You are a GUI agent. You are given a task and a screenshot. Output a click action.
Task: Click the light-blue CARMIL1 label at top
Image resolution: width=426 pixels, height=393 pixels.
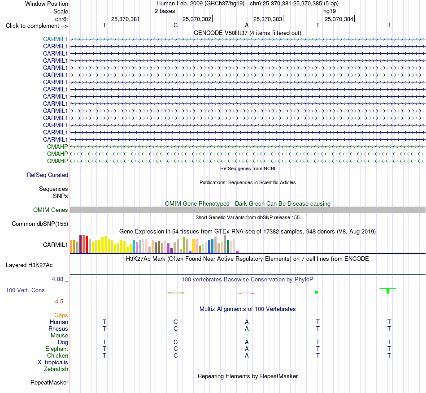pos(55,39)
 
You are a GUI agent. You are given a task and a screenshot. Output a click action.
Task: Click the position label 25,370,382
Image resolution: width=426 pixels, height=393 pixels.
pos(197,19)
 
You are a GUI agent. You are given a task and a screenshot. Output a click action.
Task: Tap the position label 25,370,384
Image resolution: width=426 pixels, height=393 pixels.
pos(339,19)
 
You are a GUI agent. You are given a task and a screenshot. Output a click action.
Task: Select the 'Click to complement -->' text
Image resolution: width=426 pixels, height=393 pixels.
pos(37,26)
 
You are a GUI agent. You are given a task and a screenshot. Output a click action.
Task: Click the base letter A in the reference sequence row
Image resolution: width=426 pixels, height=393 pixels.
pos(247,25)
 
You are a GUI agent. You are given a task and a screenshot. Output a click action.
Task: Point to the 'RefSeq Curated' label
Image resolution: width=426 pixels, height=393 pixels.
pos(47,175)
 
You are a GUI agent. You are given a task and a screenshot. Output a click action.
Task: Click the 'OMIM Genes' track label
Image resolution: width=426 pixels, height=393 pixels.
pos(50,210)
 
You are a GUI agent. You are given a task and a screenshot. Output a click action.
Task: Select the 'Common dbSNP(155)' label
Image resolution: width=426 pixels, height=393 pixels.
pos(39,224)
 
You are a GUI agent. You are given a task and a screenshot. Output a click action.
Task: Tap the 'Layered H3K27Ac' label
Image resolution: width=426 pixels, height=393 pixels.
pos(29,265)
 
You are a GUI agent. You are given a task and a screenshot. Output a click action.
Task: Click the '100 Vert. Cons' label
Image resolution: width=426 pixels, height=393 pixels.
pos(25,290)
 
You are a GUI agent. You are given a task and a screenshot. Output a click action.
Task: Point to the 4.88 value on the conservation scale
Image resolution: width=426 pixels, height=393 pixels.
pos(57,279)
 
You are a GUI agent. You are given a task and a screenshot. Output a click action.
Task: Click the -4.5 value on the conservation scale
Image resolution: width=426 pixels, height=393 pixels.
pos(58,302)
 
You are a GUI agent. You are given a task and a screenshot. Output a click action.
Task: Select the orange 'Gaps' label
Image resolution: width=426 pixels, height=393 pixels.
pos(61,315)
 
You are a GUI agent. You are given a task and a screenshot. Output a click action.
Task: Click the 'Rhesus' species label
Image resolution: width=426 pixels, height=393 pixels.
pos(58,328)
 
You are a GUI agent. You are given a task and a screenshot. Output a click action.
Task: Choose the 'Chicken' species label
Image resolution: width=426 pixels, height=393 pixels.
pos(57,355)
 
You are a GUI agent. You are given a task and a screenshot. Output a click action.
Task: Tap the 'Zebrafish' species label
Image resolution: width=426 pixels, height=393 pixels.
pos(56,369)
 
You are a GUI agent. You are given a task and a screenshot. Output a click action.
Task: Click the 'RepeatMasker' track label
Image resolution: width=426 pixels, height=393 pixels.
pos(49,382)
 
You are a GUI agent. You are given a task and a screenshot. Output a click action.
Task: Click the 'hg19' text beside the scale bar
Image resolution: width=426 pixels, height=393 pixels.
pos(330,11)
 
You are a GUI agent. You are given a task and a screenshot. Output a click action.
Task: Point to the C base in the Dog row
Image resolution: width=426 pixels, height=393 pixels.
pos(175,342)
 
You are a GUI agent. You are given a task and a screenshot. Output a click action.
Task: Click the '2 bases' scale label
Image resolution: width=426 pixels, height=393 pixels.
pos(165,11)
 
